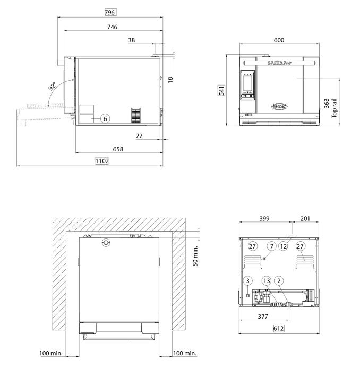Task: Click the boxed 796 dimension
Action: click(110, 12)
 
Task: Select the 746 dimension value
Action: click(112, 27)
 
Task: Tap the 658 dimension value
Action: click(118, 150)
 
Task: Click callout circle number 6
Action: click(105, 119)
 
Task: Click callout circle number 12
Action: click(284, 246)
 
